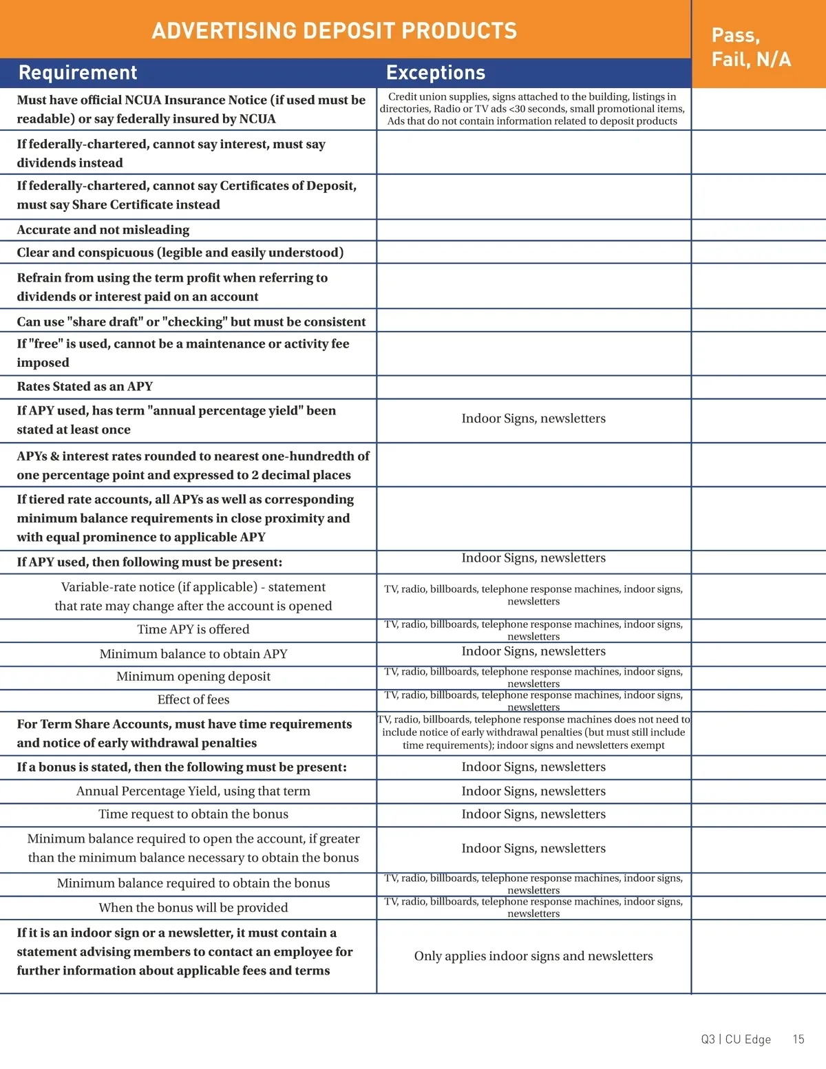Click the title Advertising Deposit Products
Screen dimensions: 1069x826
[334, 31]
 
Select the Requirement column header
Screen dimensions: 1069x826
[78, 73]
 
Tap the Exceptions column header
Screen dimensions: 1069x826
[436, 73]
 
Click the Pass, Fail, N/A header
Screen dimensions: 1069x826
[751, 47]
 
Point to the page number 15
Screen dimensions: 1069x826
[798, 1039]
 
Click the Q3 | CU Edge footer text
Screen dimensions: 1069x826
[736, 1039]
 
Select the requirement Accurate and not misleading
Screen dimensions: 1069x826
[103, 230]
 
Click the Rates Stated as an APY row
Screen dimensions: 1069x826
[85, 387]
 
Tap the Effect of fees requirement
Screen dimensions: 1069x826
[193, 700]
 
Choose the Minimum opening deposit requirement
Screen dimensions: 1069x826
[193, 677]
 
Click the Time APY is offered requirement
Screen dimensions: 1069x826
[193, 630]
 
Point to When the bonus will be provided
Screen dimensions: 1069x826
[193, 908]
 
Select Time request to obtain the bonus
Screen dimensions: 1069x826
[193, 814]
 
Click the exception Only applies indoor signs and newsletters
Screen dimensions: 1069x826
[533, 956]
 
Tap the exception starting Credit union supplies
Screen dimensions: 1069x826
[532, 109]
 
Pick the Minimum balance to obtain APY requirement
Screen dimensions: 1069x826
[193, 654]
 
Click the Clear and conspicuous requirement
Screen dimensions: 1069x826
[180, 253]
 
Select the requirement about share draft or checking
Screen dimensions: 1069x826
[191, 322]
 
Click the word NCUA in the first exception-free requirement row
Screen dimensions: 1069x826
[257, 119]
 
